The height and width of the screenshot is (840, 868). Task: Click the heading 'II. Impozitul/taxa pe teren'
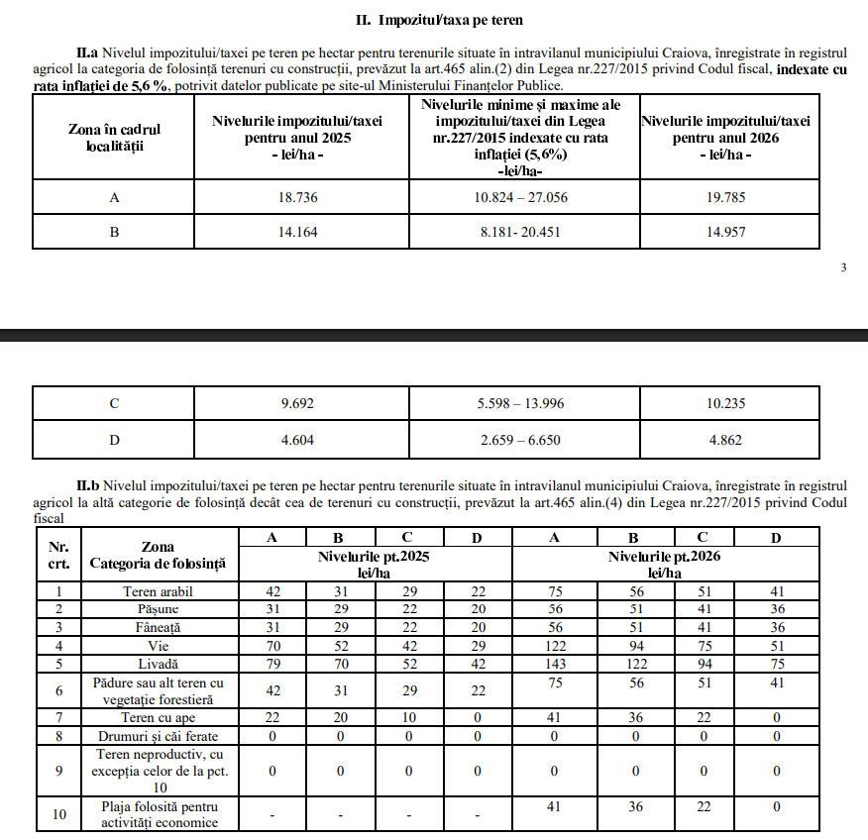[439, 19]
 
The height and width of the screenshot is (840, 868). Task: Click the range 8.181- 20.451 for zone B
[520, 233]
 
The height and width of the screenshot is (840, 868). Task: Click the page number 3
[843, 267]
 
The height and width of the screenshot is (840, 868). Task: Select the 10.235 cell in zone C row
[741, 403]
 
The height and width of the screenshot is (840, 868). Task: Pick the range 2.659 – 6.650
[520, 440]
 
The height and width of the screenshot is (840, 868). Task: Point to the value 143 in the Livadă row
[555, 662]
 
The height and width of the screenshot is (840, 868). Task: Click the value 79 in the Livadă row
[273, 662]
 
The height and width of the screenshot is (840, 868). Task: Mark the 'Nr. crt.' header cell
[58, 555]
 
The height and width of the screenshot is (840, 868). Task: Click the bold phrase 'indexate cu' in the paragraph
[812, 69]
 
